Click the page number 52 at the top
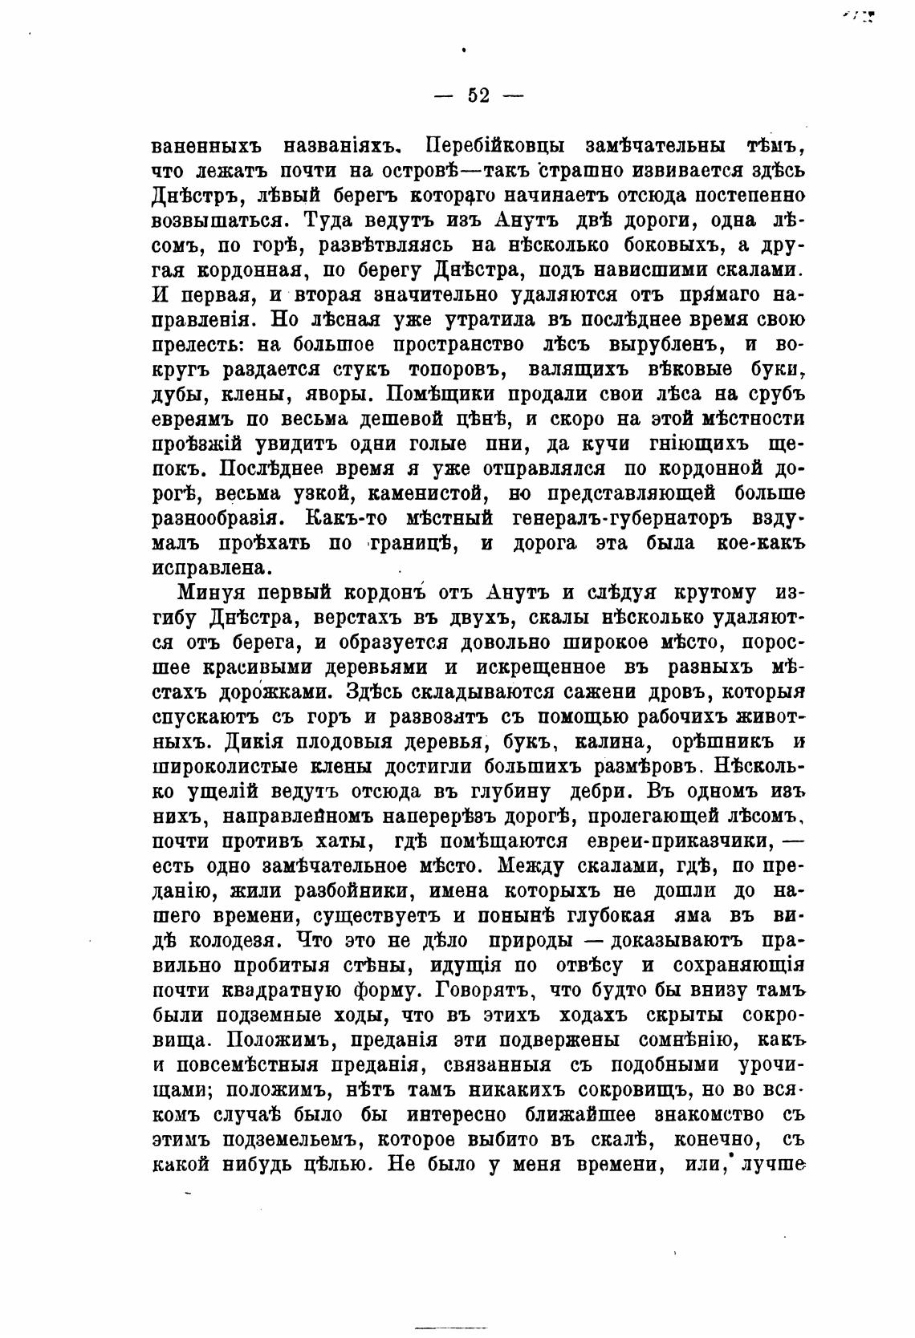(x=478, y=95)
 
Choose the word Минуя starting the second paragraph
(x=216, y=593)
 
